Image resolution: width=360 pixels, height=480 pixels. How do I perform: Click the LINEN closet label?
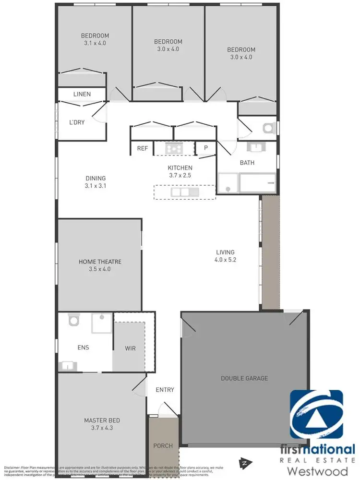(x=82, y=94)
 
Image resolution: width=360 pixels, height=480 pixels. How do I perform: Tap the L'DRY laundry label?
(x=77, y=122)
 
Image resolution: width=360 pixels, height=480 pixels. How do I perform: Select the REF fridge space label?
(x=143, y=148)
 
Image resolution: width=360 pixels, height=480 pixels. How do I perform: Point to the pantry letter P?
(x=206, y=148)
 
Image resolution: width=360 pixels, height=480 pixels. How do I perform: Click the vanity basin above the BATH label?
(x=254, y=146)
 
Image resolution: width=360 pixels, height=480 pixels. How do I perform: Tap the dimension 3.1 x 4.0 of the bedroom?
(x=95, y=43)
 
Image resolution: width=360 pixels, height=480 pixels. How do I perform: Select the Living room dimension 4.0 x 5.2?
(x=225, y=260)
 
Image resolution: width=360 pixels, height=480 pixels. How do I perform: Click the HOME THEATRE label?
(x=100, y=262)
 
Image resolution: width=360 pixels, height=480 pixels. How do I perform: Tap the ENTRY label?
(x=165, y=390)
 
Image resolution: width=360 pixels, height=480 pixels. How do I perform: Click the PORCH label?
(x=163, y=446)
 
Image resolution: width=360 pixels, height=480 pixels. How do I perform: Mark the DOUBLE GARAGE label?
(x=244, y=378)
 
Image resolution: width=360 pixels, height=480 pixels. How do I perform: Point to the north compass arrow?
(x=244, y=463)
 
